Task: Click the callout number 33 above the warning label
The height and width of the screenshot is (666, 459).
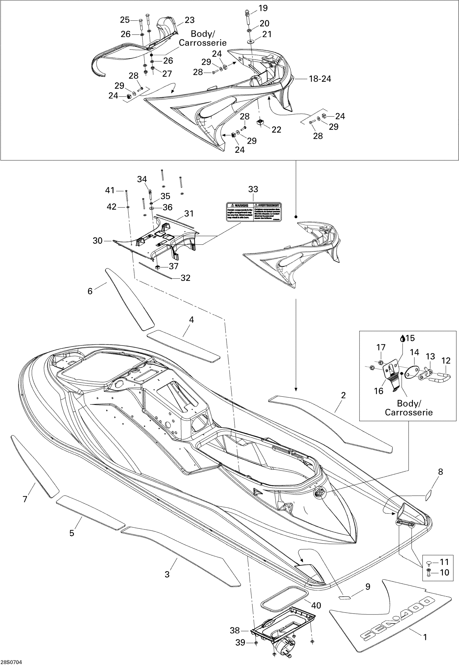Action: pos(253,189)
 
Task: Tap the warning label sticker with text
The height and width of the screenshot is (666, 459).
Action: pos(253,212)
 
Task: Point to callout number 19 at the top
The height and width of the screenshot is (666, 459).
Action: pos(263,8)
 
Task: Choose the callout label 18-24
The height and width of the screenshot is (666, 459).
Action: pos(320,79)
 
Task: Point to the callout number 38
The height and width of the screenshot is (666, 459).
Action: pos(235,631)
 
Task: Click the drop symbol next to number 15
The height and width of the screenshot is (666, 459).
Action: pos(403,339)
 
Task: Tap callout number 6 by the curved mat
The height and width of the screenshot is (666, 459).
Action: pos(90,291)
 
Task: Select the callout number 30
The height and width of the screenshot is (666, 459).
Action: pos(97,241)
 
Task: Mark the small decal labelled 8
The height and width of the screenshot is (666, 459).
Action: pos(428,494)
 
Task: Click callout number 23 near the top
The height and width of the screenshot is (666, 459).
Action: pos(190,20)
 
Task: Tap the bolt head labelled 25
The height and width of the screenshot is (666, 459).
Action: pos(140,21)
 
